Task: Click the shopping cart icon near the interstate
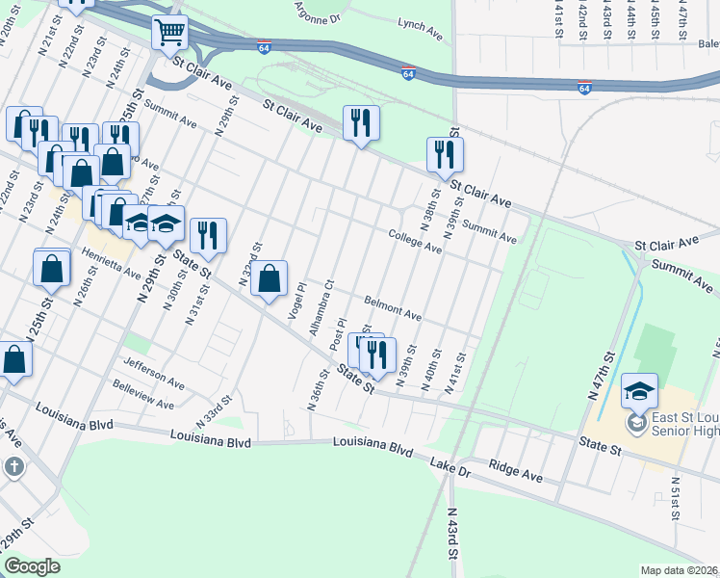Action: [170, 32]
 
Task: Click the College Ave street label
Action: [415, 242]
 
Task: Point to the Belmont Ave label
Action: [392, 307]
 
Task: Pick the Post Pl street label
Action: [338, 334]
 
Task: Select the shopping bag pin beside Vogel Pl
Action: [272, 278]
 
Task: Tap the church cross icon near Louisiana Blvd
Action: [13, 467]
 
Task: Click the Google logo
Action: [33, 566]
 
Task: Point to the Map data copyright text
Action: [680, 570]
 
